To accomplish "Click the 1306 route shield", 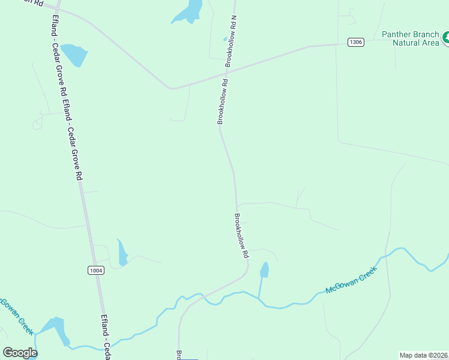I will pos(356,42).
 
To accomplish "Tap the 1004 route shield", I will pos(95,271).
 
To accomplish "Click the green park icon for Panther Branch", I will pos(445,38).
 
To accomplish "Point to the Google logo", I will pos(20,352).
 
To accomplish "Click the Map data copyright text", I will pos(424,355).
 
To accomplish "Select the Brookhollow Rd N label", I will pos(232,41).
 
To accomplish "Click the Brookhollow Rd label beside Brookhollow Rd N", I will pos(223,102).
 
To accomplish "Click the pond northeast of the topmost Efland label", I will pos(75,55).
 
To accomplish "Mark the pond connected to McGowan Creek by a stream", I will pos(264,270).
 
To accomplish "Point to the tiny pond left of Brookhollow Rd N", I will pos(225,40).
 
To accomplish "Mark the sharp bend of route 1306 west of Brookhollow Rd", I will pos(172,88).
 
